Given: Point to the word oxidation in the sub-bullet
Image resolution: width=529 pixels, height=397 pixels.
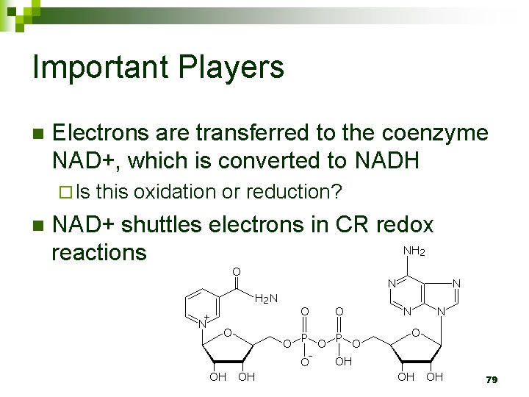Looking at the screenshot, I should point(173,192).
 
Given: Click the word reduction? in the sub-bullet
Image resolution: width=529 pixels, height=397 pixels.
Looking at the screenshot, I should point(294,192).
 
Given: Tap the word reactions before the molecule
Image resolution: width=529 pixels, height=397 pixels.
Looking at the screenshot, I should point(98,252).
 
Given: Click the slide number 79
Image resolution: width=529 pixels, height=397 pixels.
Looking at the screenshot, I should point(492,379).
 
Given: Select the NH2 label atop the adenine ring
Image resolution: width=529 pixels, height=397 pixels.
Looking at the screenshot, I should point(414,251).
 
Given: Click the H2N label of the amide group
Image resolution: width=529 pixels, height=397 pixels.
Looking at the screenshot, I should point(265,298).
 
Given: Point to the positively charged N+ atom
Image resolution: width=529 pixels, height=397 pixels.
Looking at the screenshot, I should point(203,321).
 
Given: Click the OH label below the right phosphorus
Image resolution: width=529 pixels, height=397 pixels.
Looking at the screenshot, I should point(344,362).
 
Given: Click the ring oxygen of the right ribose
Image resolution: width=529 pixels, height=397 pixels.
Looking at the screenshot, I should point(416,334).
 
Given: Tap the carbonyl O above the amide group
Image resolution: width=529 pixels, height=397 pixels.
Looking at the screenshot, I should point(236,272).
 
